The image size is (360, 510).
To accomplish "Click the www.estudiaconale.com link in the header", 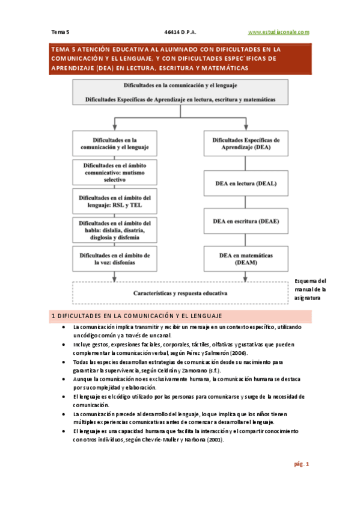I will tap(278, 31).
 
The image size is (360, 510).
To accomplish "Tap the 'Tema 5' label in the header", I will tap(61, 31).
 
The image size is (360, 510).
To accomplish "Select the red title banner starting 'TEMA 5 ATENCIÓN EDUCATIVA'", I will tap(180, 58).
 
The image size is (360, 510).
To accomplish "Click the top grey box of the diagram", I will tap(180, 93).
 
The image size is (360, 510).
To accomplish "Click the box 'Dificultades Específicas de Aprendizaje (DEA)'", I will tap(246, 143).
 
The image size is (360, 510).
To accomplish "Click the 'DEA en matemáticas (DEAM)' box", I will tap(246, 259).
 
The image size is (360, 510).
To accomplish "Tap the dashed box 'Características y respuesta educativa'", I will tap(180, 293).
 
